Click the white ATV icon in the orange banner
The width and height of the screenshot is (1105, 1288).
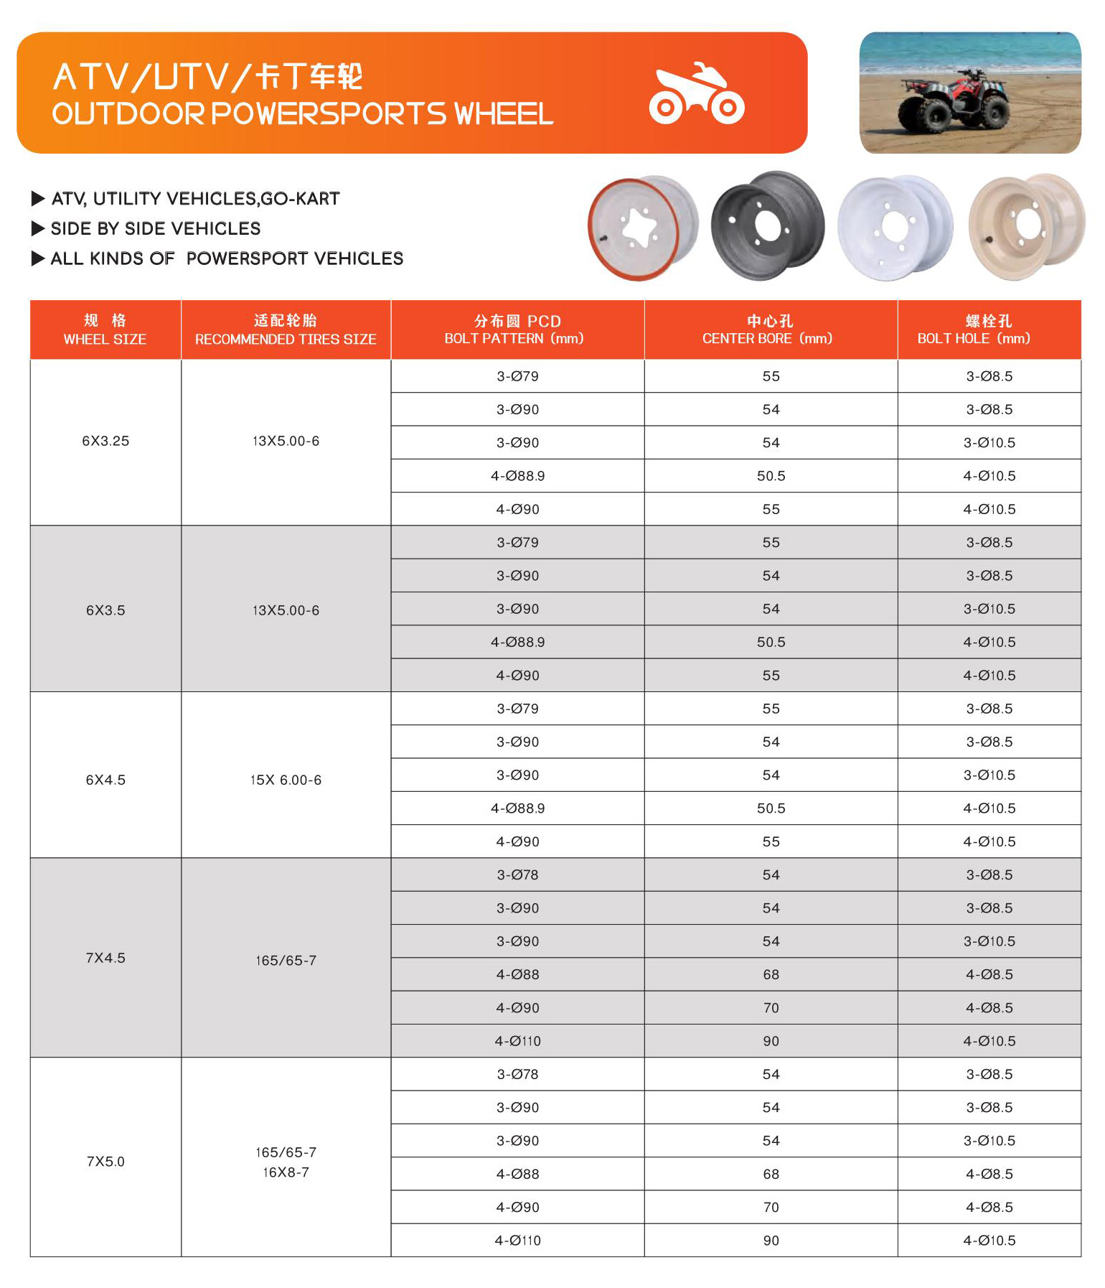(x=696, y=95)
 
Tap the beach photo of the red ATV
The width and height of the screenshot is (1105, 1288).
(x=969, y=92)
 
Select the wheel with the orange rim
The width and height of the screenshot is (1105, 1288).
(x=641, y=228)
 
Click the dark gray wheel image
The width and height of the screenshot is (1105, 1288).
(x=767, y=225)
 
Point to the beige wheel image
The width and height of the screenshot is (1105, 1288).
(x=1026, y=225)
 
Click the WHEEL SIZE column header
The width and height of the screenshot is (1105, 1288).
(x=105, y=330)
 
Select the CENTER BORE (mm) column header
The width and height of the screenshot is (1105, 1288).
(x=770, y=330)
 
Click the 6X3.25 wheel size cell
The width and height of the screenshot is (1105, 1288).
(x=105, y=442)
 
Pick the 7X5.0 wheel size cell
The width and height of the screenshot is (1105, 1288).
(x=105, y=1162)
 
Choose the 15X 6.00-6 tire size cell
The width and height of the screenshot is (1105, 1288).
(x=286, y=780)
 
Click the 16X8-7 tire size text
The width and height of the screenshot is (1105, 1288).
(x=286, y=1172)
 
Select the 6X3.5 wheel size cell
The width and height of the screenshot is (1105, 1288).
(x=105, y=611)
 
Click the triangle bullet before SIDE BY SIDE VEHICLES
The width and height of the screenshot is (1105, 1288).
(x=38, y=229)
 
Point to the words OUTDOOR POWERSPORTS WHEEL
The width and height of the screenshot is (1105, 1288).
(x=302, y=114)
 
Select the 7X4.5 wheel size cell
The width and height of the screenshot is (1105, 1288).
(x=105, y=958)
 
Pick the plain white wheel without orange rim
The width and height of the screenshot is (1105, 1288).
(x=895, y=227)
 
